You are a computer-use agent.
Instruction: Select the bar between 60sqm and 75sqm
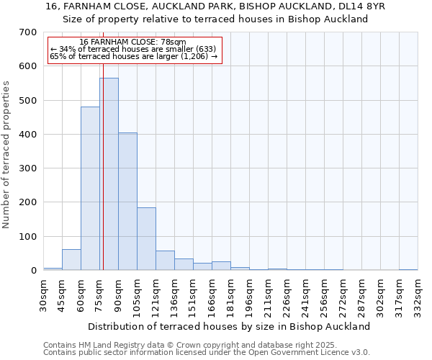click(90, 189)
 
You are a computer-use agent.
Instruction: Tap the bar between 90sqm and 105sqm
click(127, 202)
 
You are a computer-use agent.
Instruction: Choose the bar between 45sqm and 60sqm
click(71, 260)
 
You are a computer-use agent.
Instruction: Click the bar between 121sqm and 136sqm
click(165, 261)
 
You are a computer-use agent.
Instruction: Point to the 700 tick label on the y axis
click(29, 32)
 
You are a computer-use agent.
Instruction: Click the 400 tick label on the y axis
click(29, 135)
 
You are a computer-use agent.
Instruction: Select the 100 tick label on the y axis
click(29, 237)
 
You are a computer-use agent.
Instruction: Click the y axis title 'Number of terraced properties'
click(7, 155)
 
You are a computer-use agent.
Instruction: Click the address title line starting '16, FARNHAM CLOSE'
click(215, 6)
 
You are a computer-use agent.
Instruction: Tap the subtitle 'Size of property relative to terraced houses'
click(215, 19)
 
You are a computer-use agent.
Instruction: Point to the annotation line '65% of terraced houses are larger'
click(133, 56)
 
